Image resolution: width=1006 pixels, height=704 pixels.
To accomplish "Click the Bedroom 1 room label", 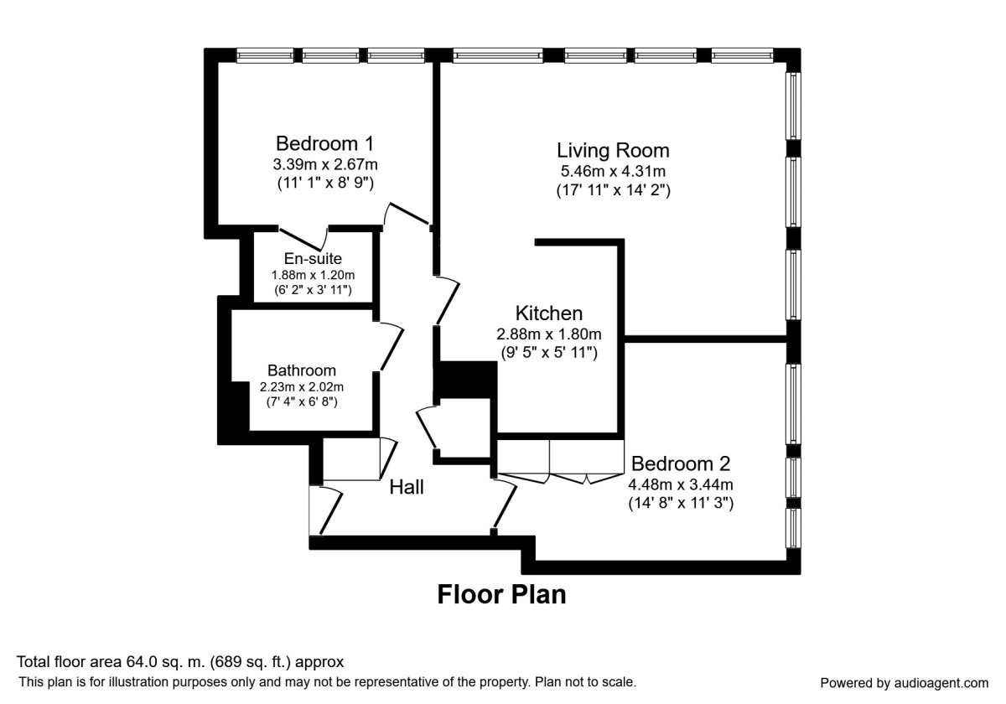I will (325, 142).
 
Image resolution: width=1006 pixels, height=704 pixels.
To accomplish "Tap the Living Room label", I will (613, 151).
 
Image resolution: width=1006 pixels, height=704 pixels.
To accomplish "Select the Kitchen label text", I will (548, 313).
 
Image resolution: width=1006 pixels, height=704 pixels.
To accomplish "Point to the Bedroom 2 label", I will (681, 463).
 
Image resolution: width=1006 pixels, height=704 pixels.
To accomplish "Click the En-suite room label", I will (312, 259).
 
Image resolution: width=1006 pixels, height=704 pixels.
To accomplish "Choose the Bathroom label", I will (302, 370).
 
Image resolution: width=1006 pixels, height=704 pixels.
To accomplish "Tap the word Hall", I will (407, 487).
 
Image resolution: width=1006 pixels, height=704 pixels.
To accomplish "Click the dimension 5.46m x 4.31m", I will (613, 172).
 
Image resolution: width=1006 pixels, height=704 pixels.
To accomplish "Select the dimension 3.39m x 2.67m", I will (325, 163).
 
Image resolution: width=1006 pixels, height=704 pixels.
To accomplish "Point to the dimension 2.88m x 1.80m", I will (548, 334).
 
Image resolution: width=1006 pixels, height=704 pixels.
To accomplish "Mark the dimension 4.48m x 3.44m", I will (681, 484).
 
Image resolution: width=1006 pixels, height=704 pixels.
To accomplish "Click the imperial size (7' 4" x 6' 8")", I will (302, 402).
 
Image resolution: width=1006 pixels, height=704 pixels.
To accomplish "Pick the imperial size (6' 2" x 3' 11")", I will (312, 290).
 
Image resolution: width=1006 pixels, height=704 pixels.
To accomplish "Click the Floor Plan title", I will (501, 595).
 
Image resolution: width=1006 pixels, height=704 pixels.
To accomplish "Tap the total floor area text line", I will (180, 662).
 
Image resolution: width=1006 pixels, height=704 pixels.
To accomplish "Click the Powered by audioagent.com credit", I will (904, 682).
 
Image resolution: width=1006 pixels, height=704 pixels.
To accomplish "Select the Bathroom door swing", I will (390, 346).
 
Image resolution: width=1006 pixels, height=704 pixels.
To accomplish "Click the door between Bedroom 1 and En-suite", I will (303, 235).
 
